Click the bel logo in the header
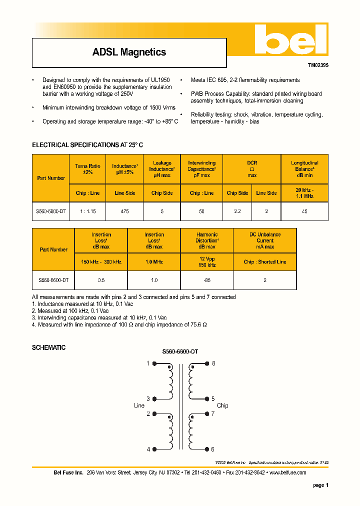[x=290, y=39]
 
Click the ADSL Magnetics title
[x=129, y=52]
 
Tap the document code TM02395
[x=317, y=65]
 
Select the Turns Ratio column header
[x=87, y=169]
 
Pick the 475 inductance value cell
[x=124, y=211]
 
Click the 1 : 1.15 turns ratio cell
[x=87, y=211]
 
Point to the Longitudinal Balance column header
[x=304, y=169]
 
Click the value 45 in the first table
[x=304, y=211]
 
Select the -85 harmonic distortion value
[x=207, y=280]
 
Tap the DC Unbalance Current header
[x=264, y=240]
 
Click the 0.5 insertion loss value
[x=101, y=280]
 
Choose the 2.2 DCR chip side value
[x=237, y=211]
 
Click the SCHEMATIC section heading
[x=48, y=347]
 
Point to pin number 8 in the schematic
[x=213, y=363]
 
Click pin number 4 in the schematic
[x=148, y=449]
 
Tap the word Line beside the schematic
[x=139, y=405]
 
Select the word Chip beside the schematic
[x=222, y=405]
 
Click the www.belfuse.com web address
[x=287, y=472]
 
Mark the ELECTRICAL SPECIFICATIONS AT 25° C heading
[x=87, y=144]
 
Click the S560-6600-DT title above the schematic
[x=180, y=352]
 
